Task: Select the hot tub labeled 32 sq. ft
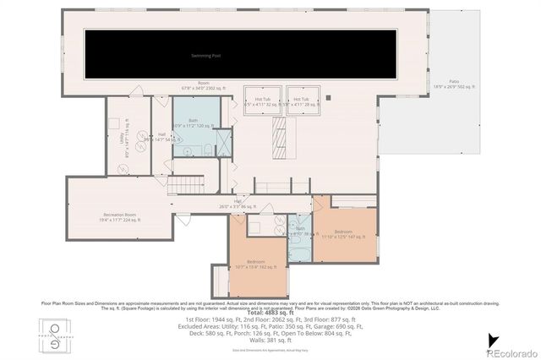(x=262, y=101)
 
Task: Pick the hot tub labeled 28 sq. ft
(x=302, y=101)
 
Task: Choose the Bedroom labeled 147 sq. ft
(x=343, y=233)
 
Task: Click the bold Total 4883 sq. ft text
(x=270, y=314)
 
